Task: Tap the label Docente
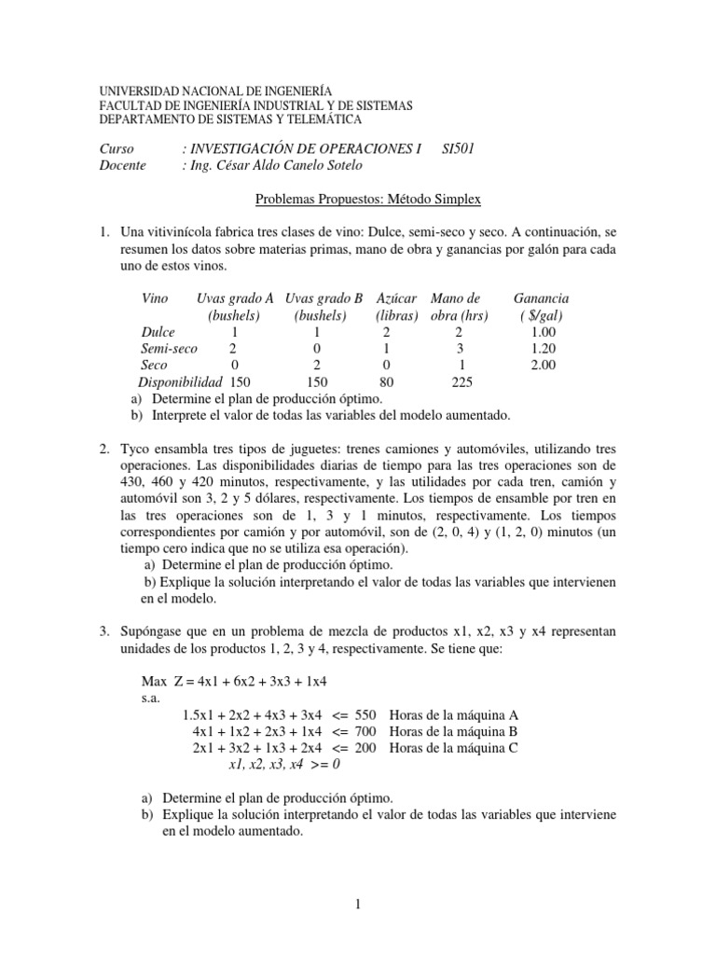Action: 122,165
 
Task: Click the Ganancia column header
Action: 541,298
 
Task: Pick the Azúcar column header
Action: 395,298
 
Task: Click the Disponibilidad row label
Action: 179,382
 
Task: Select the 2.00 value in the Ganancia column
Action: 542,366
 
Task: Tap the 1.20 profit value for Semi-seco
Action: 542,349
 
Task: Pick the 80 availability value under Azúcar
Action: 386,382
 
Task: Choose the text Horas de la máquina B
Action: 454,731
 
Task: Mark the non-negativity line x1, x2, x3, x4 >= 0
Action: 285,765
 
